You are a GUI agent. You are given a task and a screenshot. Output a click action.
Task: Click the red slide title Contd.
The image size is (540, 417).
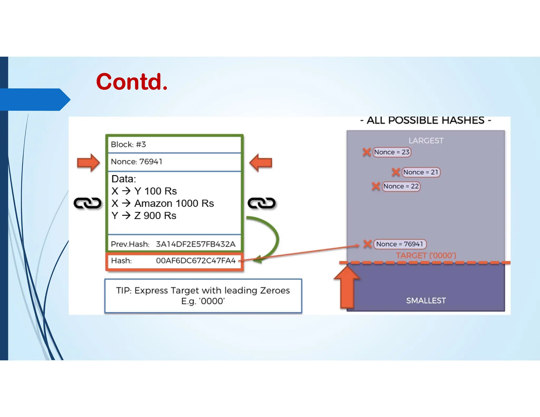pyautogui.click(x=132, y=82)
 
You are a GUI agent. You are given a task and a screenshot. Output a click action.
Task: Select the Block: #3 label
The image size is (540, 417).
pyautogui.click(x=128, y=144)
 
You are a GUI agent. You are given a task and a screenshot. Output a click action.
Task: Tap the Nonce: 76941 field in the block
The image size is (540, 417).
pyautogui.click(x=136, y=162)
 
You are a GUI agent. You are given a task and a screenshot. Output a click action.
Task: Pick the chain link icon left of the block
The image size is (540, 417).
pyautogui.click(x=87, y=203)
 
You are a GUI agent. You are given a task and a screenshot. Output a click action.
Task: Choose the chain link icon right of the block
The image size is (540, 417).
pyautogui.click(x=262, y=203)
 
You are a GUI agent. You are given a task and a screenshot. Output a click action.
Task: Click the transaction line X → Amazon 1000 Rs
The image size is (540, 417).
pyautogui.click(x=162, y=203)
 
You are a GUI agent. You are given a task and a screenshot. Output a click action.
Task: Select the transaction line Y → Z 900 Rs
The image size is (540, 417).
pyautogui.click(x=144, y=216)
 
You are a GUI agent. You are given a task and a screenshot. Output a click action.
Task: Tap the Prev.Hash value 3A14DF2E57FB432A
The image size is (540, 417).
pyautogui.click(x=195, y=244)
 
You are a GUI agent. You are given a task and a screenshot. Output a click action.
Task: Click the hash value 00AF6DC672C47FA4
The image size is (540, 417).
pyautogui.click(x=196, y=261)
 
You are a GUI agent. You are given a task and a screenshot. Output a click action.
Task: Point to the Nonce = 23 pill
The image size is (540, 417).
pyautogui.click(x=392, y=152)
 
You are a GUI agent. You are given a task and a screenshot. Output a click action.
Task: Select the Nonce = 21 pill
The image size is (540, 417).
pyautogui.click(x=421, y=172)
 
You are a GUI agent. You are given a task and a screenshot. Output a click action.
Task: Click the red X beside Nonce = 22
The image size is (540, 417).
pyautogui.click(x=376, y=186)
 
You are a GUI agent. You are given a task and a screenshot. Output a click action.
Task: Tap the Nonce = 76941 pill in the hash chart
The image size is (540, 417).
pyautogui.click(x=399, y=244)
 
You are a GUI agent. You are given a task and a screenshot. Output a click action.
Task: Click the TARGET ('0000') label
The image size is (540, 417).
pyautogui.click(x=426, y=255)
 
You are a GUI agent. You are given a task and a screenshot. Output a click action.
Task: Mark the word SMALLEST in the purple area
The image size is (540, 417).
pyautogui.click(x=426, y=300)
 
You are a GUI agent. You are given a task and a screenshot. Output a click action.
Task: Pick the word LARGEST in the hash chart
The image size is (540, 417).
pyautogui.click(x=426, y=141)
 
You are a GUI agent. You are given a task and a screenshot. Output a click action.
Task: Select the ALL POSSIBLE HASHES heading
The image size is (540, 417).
pyautogui.click(x=426, y=120)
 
